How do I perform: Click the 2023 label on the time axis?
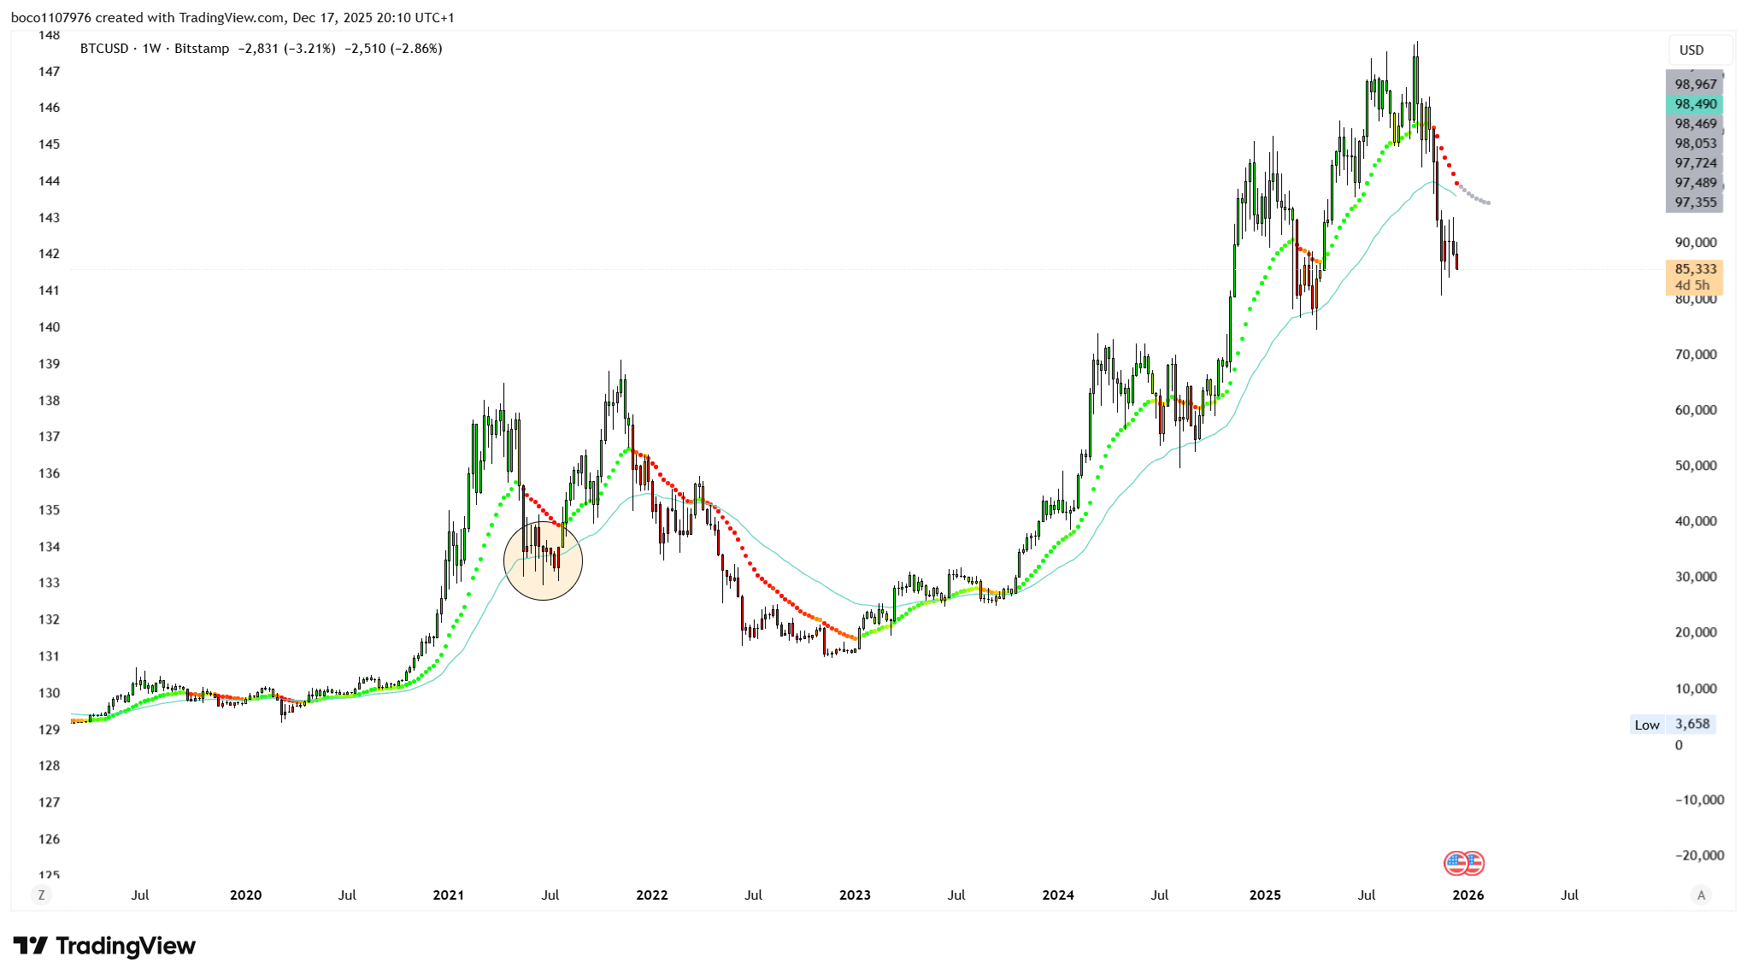click(x=855, y=895)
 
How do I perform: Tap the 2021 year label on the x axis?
click(x=448, y=895)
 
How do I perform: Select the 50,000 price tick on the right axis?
click(x=1695, y=466)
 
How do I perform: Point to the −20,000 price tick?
click(x=1699, y=855)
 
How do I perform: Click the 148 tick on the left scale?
click(x=49, y=35)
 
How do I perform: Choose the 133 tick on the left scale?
click(x=49, y=583)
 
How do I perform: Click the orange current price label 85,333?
click(x=1695, y=269)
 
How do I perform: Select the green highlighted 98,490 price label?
click(x=1695, y=104)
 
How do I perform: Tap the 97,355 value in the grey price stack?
click(x=1695, y=202)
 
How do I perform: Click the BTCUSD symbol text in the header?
click(x=104, y=49)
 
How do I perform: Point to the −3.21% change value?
click(x=309, y=49)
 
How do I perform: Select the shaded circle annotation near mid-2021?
click(x=544, y=560)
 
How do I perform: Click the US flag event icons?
click(x=1463, y=863)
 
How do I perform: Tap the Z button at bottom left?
click(x=41, y=895)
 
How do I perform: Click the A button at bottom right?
click(x=1701, y=895)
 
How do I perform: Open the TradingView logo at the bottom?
click(x=104, y=946)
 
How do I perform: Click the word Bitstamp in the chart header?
click(x=202, y=49)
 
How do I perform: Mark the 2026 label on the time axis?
click(x=1468, y=895)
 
